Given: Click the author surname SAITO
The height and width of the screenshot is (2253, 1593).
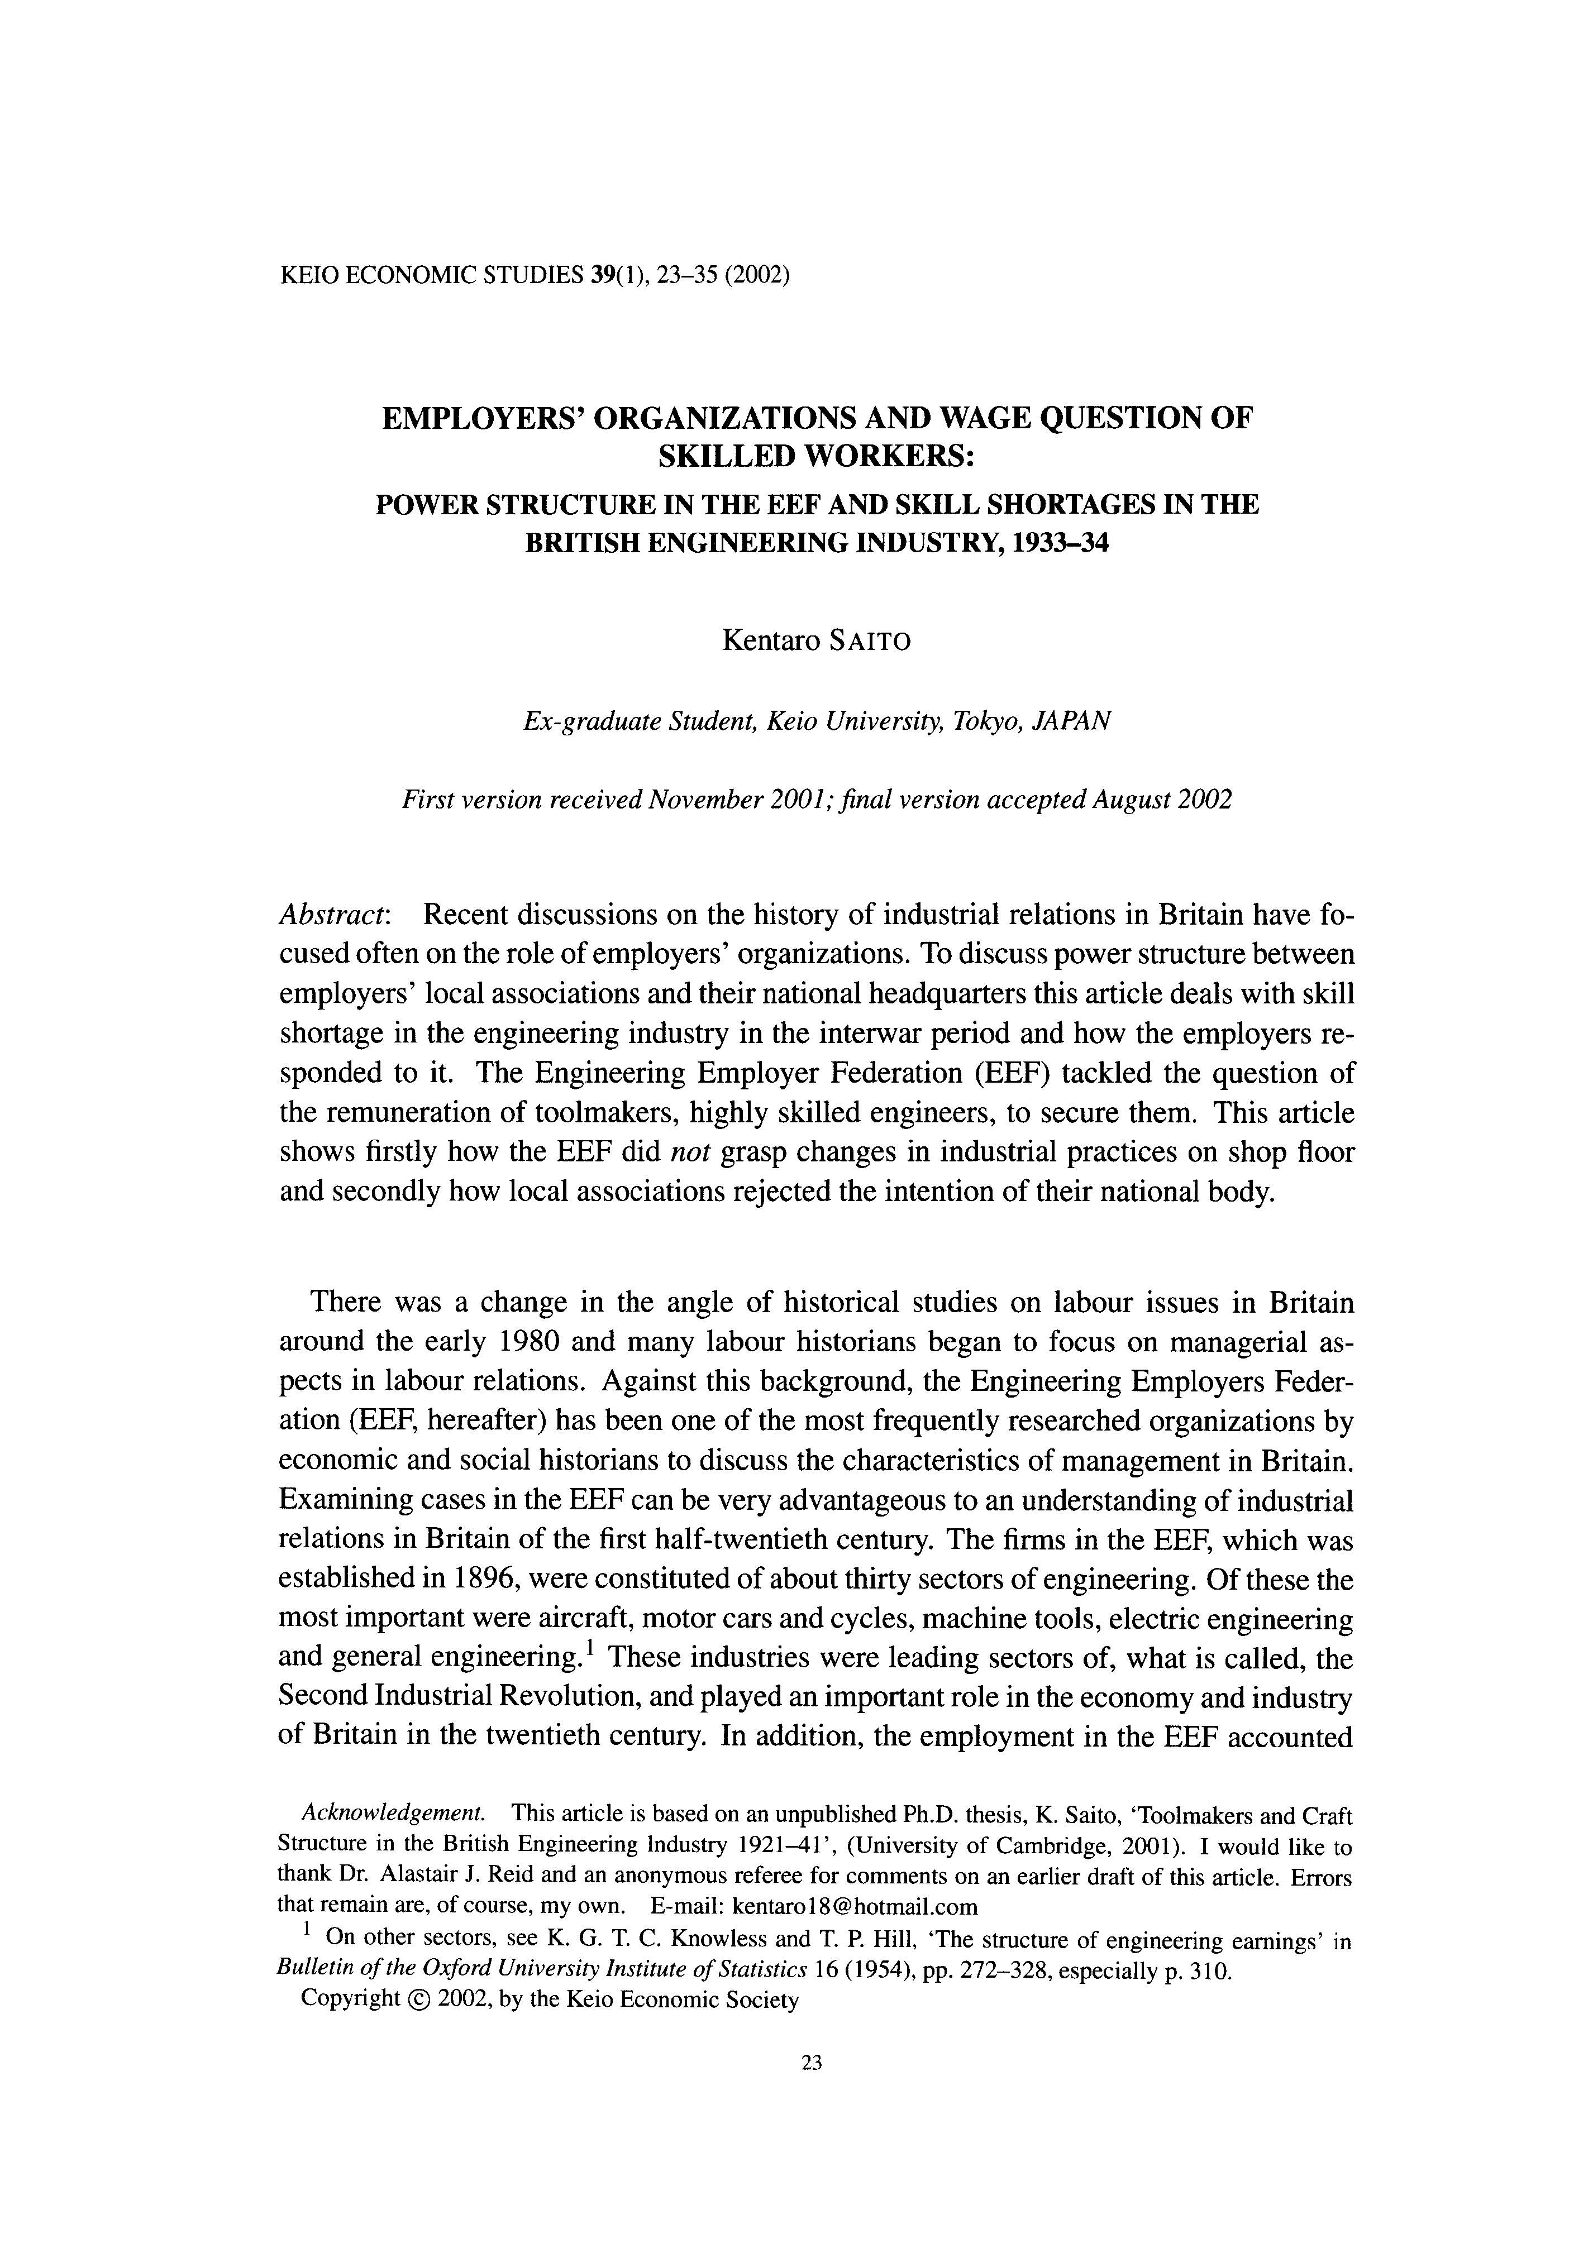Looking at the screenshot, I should pyautogui.click(x=870, y=642).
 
